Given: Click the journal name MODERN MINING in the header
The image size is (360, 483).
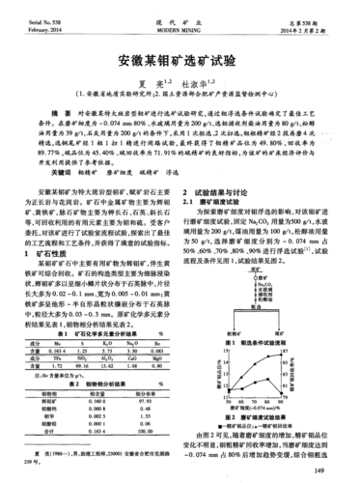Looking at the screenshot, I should (180, 30).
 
